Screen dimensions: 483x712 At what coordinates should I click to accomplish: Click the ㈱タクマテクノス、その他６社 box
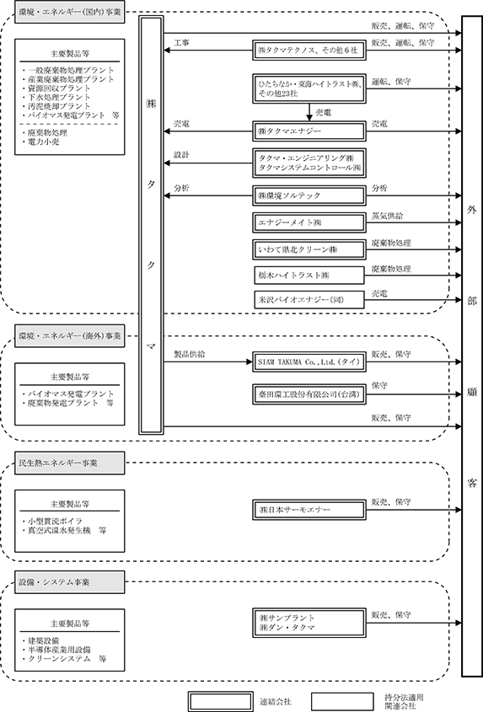click(309, 51)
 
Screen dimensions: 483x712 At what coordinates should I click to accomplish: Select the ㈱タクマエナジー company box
click(309, 131)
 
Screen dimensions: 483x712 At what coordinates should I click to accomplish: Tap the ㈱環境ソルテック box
click(309, 195)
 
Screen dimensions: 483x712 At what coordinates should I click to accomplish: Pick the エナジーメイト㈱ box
click(309, 222)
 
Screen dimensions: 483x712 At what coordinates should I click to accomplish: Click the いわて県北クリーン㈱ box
click(309, 249)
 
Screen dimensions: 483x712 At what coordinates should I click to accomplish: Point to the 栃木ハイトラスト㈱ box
click(309, 276)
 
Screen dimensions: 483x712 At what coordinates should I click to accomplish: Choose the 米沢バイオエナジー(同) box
click(309, 300)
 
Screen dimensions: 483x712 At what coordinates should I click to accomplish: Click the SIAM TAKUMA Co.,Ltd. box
click(309, 362)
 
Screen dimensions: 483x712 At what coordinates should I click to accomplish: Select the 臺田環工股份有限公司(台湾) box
click(309, 394)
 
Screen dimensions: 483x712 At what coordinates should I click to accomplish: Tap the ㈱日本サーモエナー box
click(309, 510)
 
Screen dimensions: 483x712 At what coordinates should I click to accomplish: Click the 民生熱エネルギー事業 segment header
click(69, 463)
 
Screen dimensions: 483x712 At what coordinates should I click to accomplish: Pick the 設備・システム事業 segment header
click(69, 582)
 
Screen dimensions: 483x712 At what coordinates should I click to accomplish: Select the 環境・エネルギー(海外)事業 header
click(69, 336)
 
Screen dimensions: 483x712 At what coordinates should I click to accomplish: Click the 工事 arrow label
click(182, 43)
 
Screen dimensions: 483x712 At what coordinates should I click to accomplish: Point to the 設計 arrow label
click(182, 155)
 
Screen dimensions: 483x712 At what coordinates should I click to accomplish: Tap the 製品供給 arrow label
click(190, 354)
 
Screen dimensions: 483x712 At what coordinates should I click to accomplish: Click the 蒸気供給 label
click(387, 217)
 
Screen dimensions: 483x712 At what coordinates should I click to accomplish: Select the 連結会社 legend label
click(276, 702)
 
